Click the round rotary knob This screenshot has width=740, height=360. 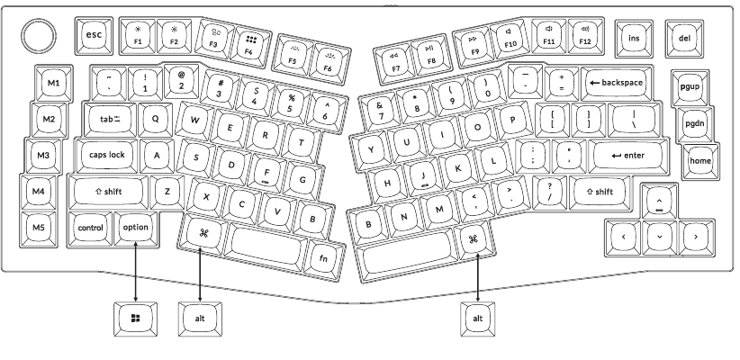click(39, 36)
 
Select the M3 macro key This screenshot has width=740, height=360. click(43, 155)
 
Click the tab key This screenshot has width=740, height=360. click(110, 120)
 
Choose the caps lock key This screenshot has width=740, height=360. click(107, 155)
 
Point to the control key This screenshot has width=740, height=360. click(91, 229)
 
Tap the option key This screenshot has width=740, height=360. click(135, 229)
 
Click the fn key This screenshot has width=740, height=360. click(323, 257)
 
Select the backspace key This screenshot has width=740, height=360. click(617, 83)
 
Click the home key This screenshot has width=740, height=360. click(700, 161)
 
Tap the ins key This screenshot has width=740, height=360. click(635, 39)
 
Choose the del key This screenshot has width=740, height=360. click(684, 39)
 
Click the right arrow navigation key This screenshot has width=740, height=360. click(696, 238)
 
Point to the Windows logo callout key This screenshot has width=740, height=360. click(135, 319)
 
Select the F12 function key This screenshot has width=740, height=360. click(585, 36)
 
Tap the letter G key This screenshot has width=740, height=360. click(303, 180)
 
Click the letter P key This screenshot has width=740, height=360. click(513, 121)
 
